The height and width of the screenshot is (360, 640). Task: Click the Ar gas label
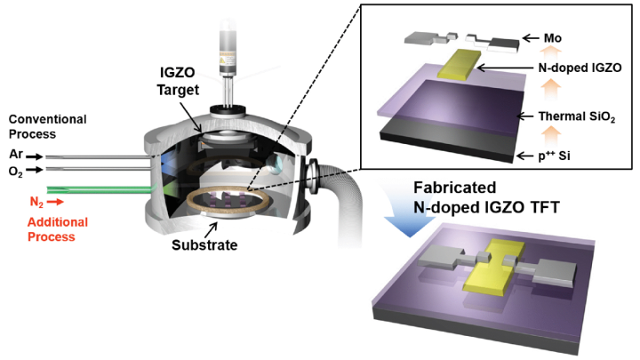[x=15, y=153]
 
